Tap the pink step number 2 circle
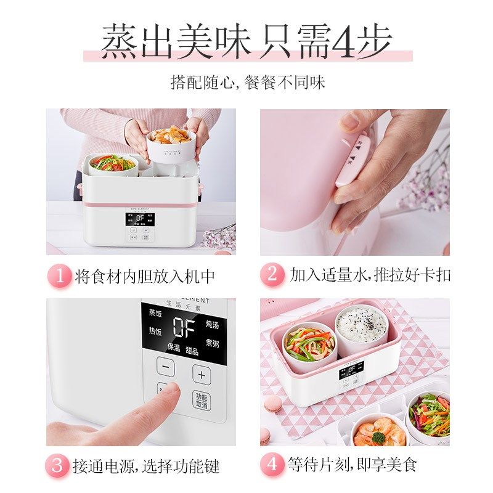click(x=272, y=275)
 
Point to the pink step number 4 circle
click(x=272, y=464)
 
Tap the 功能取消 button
click(x=201, y=401)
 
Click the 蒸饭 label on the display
click(x=155, y=313)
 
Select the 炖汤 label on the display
click(x=212, y=325)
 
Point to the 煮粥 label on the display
click(x=212, y=343)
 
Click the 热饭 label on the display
click(x=155, y=331)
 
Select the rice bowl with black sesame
click(x=361, y=327)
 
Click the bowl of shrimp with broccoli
click(x=378, y=432)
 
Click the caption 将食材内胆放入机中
click(x=145, y=276)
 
